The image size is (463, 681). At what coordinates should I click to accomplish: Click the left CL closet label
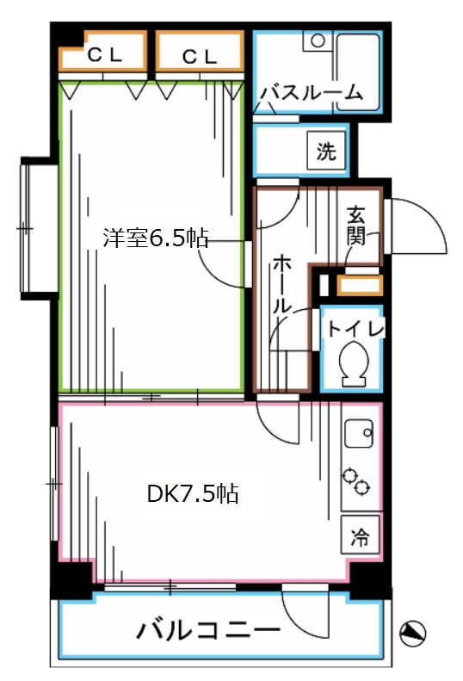tap(105, 56)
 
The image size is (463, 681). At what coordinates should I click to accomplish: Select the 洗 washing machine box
tap(325, 152)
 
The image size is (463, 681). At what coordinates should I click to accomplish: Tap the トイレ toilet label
tap(353, 327)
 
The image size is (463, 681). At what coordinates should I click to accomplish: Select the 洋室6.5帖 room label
tap(156, 238)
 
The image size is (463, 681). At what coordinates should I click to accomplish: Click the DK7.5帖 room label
tap(192, 494)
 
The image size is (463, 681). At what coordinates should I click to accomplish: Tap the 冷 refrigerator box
tap(359, 539)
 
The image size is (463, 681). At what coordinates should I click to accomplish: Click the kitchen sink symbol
tap(358, 435)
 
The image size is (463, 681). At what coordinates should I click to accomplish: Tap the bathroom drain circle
tap(317, 40)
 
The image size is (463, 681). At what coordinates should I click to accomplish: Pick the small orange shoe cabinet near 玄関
tap(358, 285)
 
